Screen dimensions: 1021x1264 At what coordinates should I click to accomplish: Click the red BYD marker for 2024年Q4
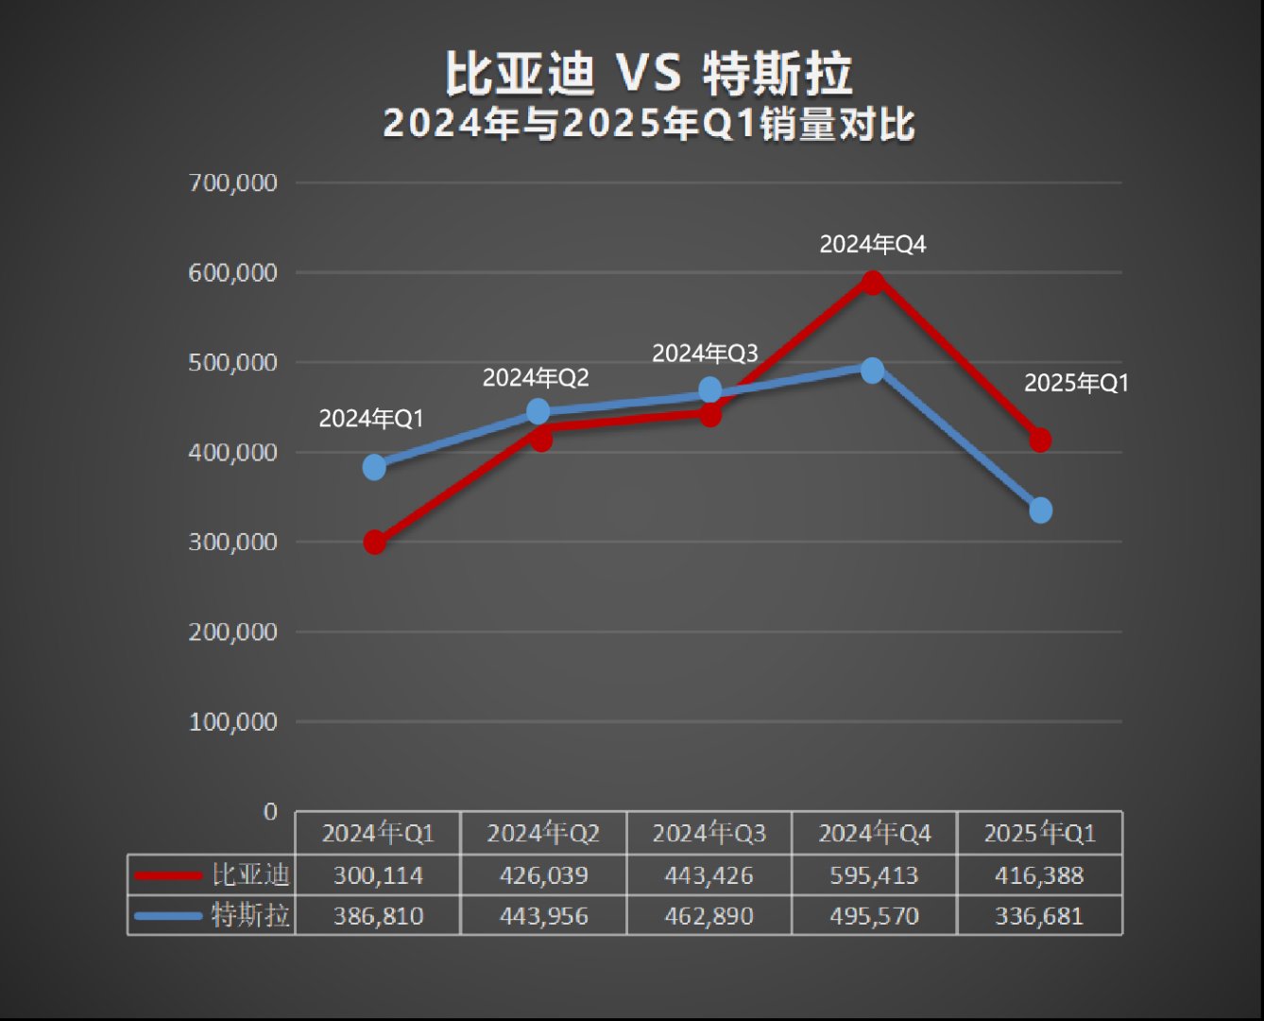coord(873,282)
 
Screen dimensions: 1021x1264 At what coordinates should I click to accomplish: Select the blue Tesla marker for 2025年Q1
coord(1040,510)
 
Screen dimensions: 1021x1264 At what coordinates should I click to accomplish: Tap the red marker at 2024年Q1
coord(374,543)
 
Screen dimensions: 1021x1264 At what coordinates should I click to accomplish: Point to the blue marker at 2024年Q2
coord(538,411)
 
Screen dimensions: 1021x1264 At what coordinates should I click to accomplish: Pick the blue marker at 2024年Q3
coord(709,389)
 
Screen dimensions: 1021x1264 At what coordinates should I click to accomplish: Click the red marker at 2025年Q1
coord(1040,440)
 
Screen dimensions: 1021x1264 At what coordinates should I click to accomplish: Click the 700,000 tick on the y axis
coord(232,182)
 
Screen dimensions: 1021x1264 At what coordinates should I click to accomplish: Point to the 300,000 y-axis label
coord(232,542)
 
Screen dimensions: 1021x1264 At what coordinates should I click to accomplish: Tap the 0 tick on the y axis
coord(270,811)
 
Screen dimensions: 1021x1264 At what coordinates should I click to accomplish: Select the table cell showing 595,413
coord(874,875)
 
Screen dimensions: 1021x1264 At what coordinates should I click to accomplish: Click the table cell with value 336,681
coord(1039,916)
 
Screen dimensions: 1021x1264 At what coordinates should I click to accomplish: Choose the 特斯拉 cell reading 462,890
coord(709,916)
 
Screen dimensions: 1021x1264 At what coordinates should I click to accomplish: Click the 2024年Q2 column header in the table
coord(543,833)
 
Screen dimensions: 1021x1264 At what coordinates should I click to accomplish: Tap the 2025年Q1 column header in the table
coord(1039,833)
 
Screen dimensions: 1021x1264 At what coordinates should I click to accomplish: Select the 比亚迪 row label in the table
coord(249,874)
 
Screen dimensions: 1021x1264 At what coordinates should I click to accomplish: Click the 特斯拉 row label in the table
coord(249,915)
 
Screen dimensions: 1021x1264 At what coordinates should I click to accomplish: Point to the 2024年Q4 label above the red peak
coord(872,245)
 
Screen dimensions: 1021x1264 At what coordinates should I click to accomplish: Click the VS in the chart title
coord(648,73)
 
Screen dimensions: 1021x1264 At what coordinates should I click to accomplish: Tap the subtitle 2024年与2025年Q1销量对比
coord(649,124)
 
